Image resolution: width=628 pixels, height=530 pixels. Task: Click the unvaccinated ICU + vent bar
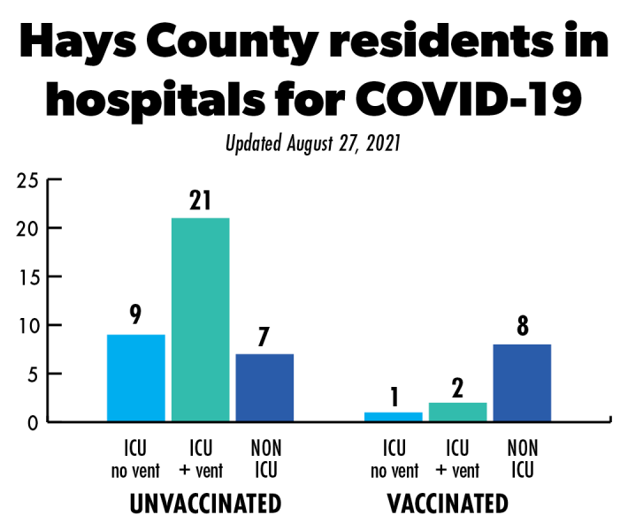(x=200, y=319)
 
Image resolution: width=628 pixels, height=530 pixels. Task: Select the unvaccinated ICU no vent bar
(x=135, y=377)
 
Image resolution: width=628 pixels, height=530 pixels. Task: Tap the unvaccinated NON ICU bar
(x=264, y=387)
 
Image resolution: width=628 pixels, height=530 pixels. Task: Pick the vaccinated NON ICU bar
(x=522, y=382)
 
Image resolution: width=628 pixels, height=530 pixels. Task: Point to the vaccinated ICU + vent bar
(x=457, y=412)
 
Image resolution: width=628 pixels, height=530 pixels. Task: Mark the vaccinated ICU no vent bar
(x=394, y=416)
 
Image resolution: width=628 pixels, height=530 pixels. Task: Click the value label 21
(x=200, y=201)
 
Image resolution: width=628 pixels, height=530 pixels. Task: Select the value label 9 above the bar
(x=135, y=315)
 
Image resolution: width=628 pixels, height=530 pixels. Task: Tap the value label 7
(x=264, y=336)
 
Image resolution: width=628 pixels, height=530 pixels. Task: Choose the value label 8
(x=522, y=326)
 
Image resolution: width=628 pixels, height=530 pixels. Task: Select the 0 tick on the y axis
(x=32, y=422)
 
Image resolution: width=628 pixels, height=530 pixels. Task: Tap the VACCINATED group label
(x=448, y=504)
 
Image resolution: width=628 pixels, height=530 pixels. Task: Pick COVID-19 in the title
(x=481, y=101)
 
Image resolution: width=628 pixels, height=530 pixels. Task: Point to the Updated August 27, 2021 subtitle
(x=313, y=142)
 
